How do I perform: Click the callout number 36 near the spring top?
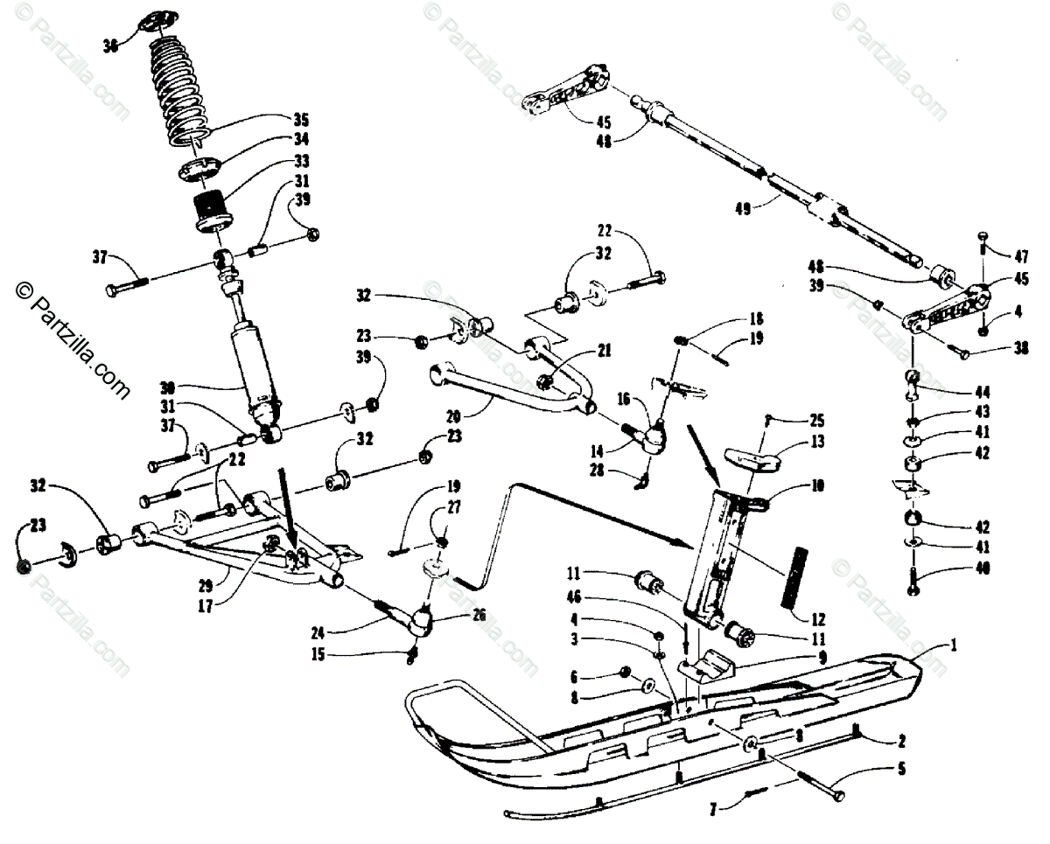coord(110,46)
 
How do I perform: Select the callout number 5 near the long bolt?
coord(901,769)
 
